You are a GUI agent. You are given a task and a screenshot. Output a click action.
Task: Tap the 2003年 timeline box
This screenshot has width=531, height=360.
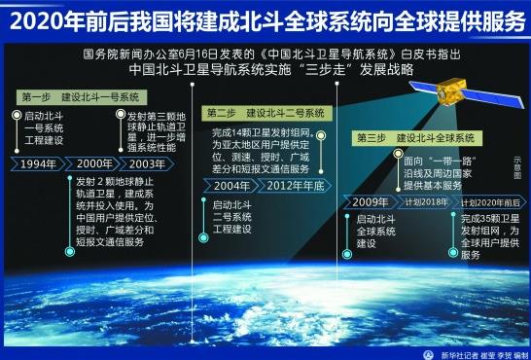pyautogui.click(x=149, y=162)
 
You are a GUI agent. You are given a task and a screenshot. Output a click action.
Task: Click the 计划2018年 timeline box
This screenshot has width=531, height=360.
pyautogui.click(x=421, y=201)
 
